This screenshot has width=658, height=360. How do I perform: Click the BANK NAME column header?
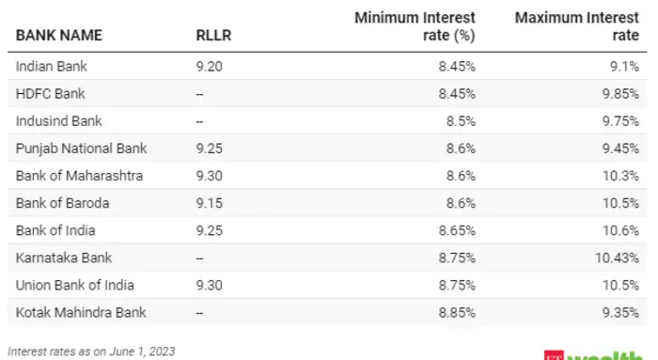pyautogui.click(x=59, y=36)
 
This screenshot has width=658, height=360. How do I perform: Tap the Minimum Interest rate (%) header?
pyautogui.click(x=415, y=26)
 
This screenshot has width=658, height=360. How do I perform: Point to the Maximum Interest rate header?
pyautogui.click(x=578, y=26)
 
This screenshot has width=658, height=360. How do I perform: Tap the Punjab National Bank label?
pyautogui.click(x=82, y=149)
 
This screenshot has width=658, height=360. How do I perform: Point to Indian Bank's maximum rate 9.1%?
pyautogui.click(x=624, y=67)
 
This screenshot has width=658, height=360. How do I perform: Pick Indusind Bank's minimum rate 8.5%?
pyautogui.click(x=457, y=121)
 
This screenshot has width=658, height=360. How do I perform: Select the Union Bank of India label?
pyautogui.click(x=74, y=284)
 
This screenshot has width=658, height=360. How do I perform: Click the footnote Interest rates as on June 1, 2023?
pyautogui.click(x=91, y=351)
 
